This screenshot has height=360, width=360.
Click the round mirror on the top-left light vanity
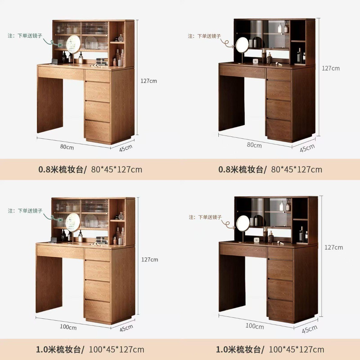pyautogui.click(x=73, y=44)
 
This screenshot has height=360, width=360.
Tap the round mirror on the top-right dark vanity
pyautogui.click(x=242, y=44)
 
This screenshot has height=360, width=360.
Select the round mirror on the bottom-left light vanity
pyautogui.click(x=73, y=223)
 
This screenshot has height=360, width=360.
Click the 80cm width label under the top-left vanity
pyautogui.click(x=67, y=147)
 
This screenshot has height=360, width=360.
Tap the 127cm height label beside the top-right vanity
pyautogui.click(x=331, y=68)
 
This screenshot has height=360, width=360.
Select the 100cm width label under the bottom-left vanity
pyautogui.click(x=68, y=327)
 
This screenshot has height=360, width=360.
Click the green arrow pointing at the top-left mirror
pyautogui.click(x=53, y=42)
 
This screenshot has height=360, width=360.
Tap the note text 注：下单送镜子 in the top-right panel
pyautogui.click(x=204, y=36)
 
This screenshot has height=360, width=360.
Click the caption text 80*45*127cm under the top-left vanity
pyautogui.click(x=117, y=169)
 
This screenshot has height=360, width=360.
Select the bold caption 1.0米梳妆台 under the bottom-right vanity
pyautogui.click(x=240, y=349)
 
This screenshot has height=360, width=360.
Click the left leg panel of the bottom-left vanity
pyautogui.click(x=49, y=284)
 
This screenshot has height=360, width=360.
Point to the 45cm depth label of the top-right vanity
pyautogui.click(x=307, y=148)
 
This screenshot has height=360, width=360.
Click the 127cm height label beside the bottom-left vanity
pyautogui.click(x=150, y=259)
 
